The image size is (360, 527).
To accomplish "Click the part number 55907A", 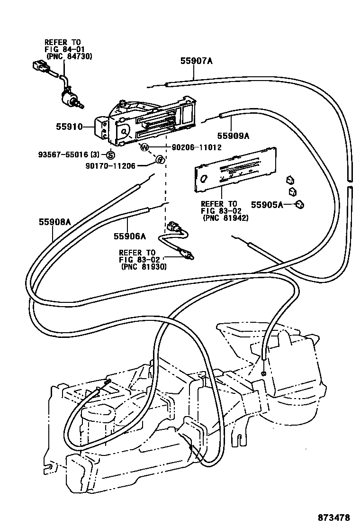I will click(197, 61).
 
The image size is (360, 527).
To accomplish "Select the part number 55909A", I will click(233, 136).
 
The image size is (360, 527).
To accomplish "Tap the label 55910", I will click(69, 127).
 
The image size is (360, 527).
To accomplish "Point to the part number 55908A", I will click(54, 221).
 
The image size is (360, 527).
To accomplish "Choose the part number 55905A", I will click(267, 205).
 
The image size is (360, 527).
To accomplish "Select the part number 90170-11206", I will click(110, 165).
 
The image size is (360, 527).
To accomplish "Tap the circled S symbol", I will click(110, 154).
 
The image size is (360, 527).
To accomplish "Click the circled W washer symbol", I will click(145, 148).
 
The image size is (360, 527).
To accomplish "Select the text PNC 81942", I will click(225, 218).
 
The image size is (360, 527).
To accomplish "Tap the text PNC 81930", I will click(142, 267).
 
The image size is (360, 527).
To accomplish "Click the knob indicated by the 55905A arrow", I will click(300, 204).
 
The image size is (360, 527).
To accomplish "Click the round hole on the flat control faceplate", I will click(204, 178).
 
